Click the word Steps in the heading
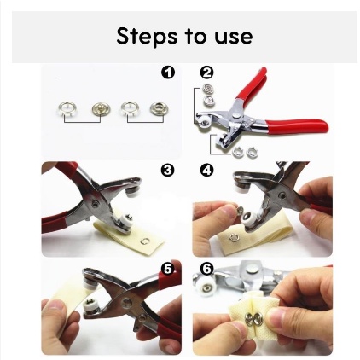click(146, 36)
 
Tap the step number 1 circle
click(168, 73)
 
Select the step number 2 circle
click(206, 73)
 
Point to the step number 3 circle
click(167, 170)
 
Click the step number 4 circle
click(206, 170)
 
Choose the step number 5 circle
click(167, 269)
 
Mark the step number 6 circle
click(206, 269)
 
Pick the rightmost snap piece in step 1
click(158, 108)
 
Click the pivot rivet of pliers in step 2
click(236, 114)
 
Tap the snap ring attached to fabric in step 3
click(145, 241)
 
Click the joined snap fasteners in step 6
click(251, 317)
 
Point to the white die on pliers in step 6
click(203, 286)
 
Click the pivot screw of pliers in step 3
click(96, 204)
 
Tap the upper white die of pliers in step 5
click(90, 283)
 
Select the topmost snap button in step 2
click(207, 89)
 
